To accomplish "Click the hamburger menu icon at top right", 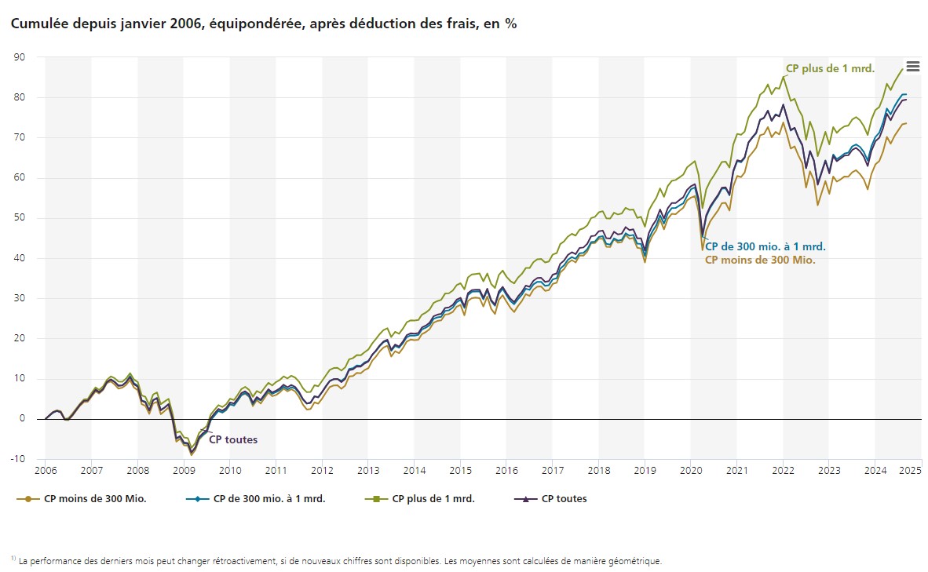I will (x=912, y=67).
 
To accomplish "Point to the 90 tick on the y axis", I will (x=20, y=57).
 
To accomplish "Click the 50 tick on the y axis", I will (x=20, y=218).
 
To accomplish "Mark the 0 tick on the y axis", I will (x=22, y=419).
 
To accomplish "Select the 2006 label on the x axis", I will (x=45, y=471).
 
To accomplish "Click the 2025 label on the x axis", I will (x=910, y=471).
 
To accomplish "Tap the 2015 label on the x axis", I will (x=460, y=471).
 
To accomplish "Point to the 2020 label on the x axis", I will (x=691, y=471).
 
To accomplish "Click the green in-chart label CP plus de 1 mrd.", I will (x=830, y=68).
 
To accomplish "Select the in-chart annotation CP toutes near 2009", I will (x=232, y=439).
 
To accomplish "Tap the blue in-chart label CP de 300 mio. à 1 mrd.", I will (x=765, y=246).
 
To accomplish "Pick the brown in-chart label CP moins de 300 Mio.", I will (x=760, y=260).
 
